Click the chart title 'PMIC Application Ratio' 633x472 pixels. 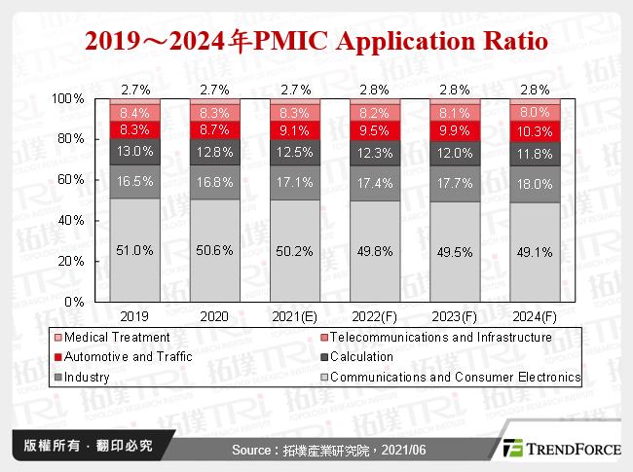click(316, 42)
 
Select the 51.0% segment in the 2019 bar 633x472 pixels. click(134, 250)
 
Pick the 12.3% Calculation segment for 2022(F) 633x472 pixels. click(374, 152)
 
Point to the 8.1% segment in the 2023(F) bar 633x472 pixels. click(454, 112)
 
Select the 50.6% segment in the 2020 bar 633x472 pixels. click(214, 250)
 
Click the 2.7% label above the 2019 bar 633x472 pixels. click(134, 90)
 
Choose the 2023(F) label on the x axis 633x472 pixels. click(454, 316)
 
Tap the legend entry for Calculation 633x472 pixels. click(389, 357)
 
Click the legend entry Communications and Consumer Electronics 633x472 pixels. click(463, 377)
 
